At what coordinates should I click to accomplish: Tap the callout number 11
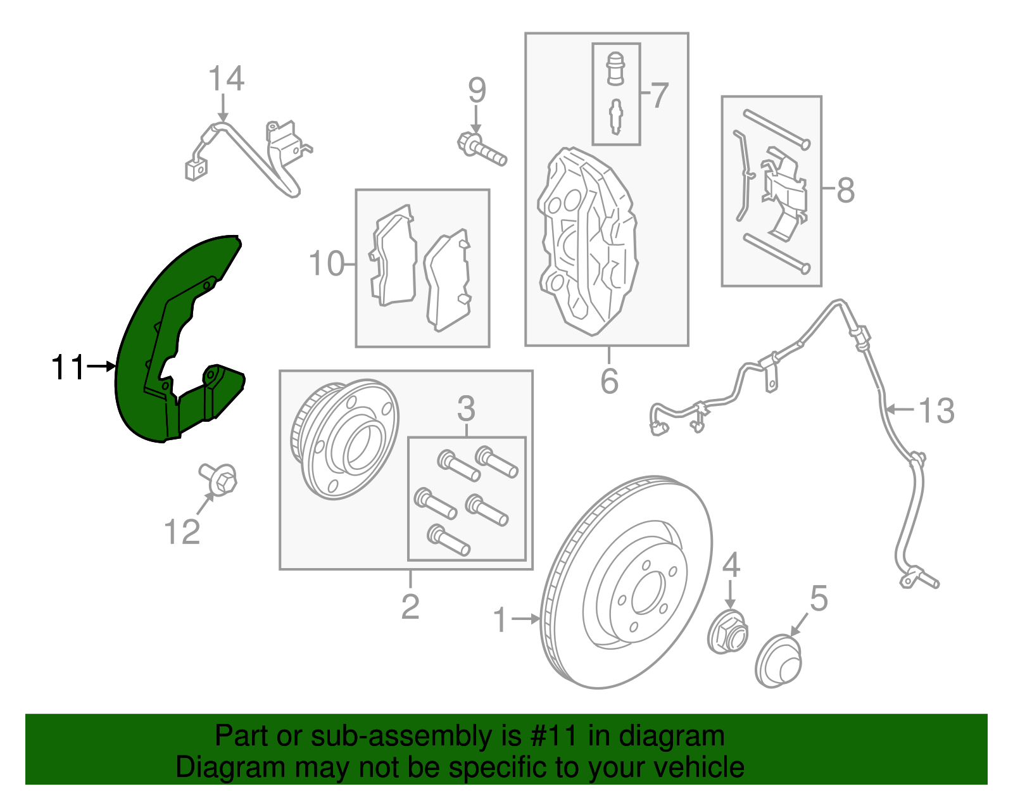click(68, 367)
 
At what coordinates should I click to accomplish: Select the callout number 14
click(226, 79)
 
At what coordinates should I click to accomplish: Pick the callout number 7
click(658, 95)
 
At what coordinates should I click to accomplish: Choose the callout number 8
click(846, 190)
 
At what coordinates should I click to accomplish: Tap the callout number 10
click(326, 263)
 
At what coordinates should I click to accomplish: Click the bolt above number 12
click(218, 479)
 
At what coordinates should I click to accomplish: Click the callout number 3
click(466, 408)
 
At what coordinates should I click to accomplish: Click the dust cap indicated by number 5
click(778, 661)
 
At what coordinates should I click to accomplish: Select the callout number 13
click(936, 410)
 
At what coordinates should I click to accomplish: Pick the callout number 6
click(609, 381)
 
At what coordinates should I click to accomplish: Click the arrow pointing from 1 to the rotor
click(526, 619)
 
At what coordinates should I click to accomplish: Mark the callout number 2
click(410, 607)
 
